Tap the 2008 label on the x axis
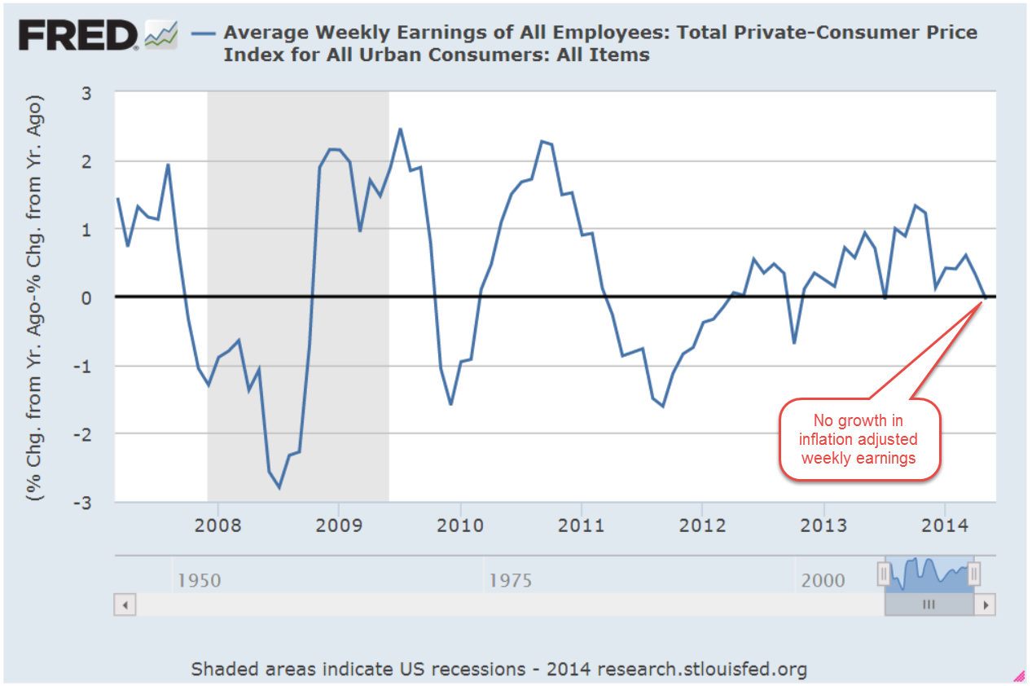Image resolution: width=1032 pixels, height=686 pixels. (x=217, y=523)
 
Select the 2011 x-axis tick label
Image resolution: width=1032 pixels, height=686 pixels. (x=581, y=523)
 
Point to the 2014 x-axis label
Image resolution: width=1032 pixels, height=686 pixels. (x=945, y=523)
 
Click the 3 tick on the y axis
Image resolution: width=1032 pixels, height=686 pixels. (x=86, y=93)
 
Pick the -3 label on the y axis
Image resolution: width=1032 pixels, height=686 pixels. (x=81, y=502)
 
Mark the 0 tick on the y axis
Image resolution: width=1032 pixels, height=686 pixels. (x=86, y=297)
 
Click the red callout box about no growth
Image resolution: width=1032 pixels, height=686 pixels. (x=859, y=439)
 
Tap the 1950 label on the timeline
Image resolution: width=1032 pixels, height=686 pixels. (x=200, y=580)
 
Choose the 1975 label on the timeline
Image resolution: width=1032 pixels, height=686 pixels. (x=511, y=580)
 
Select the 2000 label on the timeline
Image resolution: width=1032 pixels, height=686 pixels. (x=822, y=580)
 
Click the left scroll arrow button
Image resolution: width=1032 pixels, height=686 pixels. (x=125, y=605)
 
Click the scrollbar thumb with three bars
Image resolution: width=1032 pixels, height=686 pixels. (x=929, y=605)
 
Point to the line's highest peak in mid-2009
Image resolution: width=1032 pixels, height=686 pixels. (x=400, y=129)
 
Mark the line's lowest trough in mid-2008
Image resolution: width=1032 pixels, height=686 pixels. (x=279, y=487)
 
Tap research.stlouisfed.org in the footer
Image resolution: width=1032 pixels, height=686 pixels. (x=702, y=669)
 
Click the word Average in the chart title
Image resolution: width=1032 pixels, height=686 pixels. (x=265, y=33)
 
